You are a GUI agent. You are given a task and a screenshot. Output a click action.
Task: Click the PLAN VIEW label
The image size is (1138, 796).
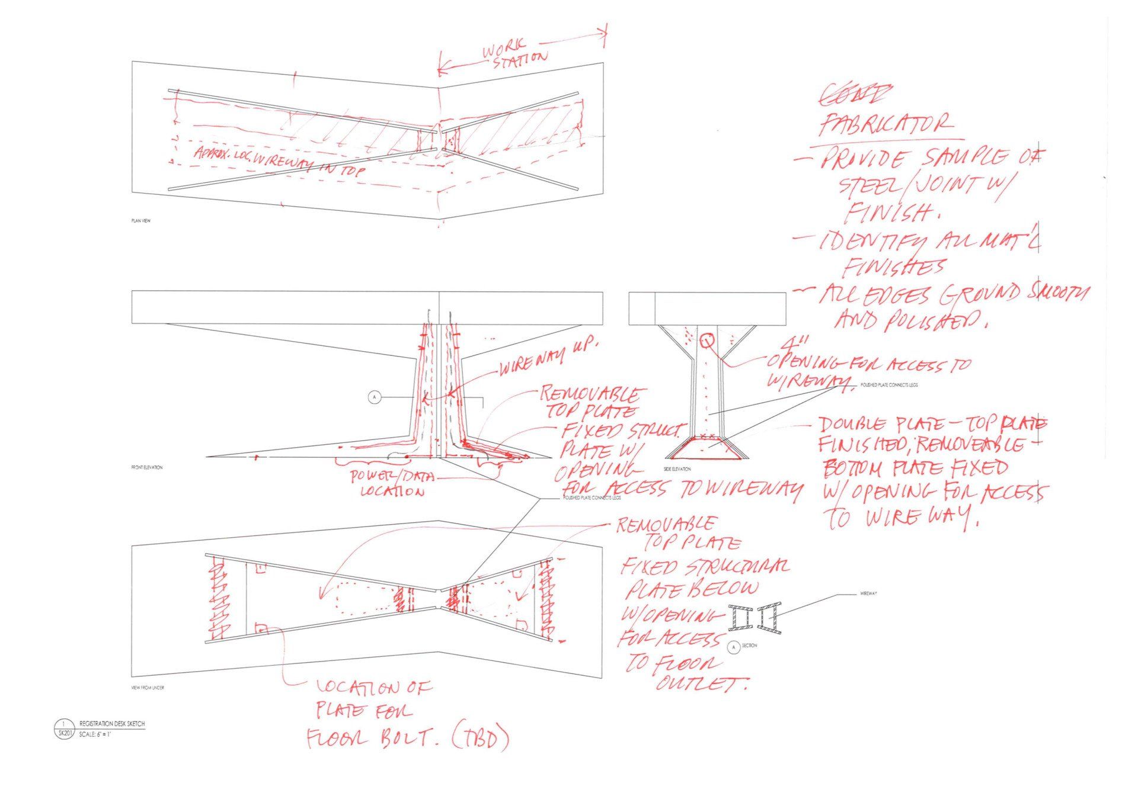pyautogui.click(x=140, y=221)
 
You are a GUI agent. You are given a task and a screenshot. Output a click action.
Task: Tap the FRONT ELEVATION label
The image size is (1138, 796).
pyautogui.click(x=146, y=468)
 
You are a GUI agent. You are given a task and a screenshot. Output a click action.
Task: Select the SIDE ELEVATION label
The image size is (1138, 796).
pyautogui.click(x=677, y=469)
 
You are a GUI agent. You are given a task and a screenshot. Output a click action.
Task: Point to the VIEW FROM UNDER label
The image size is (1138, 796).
pyautogui.click(x=148, y=688)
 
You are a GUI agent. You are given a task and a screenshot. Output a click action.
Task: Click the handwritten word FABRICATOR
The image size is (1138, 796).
pyautogui.click(x=886, y=125)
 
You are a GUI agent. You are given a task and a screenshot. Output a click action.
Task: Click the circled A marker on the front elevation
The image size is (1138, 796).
pyautogui.click(x=374, y=397)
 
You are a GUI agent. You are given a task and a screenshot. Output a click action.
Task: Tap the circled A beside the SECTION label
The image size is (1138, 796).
pyautogui.click(x=733, y=647)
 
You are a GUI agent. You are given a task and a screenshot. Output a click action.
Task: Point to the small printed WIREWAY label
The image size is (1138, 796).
pyautogui.click(x=867, y=593)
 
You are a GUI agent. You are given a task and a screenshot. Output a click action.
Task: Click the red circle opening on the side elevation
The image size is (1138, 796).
pyautogui.click(x=707, y=341)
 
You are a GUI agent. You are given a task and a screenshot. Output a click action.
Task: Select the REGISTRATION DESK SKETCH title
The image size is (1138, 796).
pyautogui.click(x=112, y=724)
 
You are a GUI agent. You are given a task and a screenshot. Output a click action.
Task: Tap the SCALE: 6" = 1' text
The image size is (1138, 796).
pyautogui.click(x=95, y=733)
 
